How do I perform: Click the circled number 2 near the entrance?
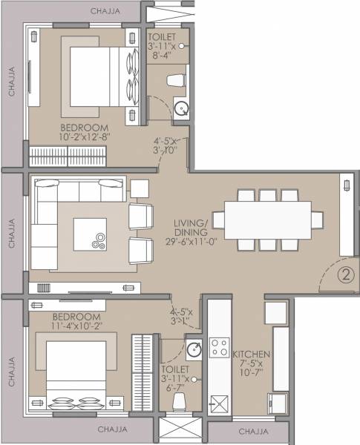click(344, 276)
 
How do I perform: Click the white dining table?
click(268, 220)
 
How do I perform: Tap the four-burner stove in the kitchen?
click(219, 348)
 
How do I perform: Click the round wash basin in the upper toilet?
click(180, 110)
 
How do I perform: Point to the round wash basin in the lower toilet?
click(194, 348)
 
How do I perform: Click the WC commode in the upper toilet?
click(177, 80)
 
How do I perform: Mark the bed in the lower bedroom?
click(75, 374)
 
